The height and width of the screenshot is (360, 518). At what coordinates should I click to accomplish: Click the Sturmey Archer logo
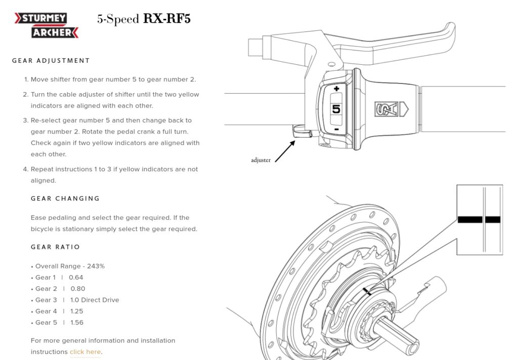click(x=47, y=25)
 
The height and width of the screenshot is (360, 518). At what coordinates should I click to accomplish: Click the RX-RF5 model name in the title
click(x=167, y=19)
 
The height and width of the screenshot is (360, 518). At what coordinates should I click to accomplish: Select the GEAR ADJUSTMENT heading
click(x=51, y=61)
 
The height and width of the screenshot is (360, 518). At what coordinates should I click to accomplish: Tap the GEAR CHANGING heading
click(x=65, y=198)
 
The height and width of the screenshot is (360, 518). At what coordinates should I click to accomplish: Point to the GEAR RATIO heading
click(x=56, y=247)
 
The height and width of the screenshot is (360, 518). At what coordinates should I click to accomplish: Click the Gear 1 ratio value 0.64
click(x=76, y=277)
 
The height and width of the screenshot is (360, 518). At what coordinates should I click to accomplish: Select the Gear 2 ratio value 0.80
click(x=78, y=289)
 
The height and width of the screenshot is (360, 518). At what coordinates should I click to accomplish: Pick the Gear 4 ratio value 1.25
click(x=77, y=311)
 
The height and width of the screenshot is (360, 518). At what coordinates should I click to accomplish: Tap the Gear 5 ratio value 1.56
click(x=77, y=323)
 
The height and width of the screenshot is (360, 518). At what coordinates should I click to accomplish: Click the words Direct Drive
click(x=100, y=300)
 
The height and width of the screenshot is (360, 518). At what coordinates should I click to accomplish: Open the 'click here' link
click(x=85, y=352)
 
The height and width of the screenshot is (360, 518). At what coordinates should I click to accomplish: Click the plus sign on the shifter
click(x=336, y=89)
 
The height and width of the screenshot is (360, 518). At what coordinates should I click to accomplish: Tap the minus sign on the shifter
click(x=336, y=129)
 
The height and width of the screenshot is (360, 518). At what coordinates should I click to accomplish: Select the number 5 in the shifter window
click(x=336, y=109)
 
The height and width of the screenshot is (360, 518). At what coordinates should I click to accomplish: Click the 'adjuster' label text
click(x=261, y=160)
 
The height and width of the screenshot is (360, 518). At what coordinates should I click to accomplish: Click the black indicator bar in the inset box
click(x=479, y=219)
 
